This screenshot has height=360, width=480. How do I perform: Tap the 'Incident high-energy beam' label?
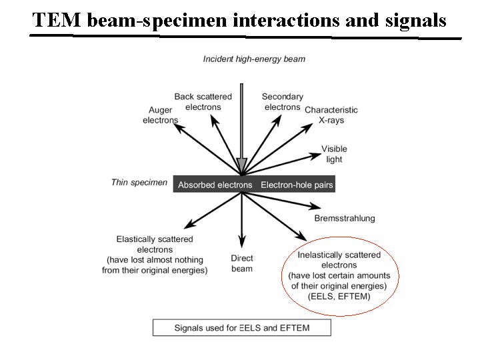coord(254,59)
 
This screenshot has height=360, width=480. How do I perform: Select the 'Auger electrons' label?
coord(160,115)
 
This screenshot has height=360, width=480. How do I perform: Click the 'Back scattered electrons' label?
coord(203,101)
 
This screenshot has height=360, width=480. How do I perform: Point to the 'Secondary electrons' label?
coord(282,101)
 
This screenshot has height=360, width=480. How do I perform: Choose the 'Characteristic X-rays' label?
coord(331,115)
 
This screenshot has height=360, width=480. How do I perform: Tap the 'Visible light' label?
coord(334,154)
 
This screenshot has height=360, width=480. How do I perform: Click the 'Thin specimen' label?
coord(139,182)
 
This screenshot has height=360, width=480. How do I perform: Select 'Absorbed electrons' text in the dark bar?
coord(215,185)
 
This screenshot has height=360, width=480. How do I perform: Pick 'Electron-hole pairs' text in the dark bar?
coord(297,185)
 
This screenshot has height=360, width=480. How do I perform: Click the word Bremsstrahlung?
coord(344,218)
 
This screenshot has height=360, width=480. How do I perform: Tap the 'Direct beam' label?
coord(241,263)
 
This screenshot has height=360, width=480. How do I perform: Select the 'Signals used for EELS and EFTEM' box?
coord(242,327)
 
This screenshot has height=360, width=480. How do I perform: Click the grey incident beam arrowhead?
coord(242,165)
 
